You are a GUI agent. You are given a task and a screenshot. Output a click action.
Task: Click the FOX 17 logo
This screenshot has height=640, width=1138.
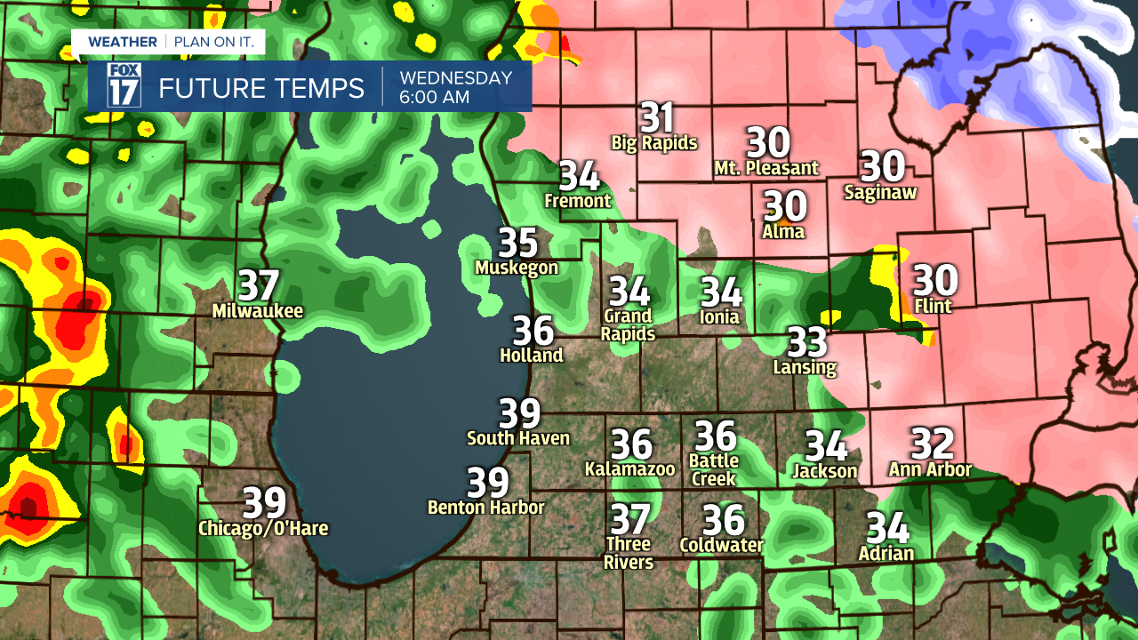coord(124,86)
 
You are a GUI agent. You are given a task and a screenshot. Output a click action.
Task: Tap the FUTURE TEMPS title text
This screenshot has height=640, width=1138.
coord(261,88)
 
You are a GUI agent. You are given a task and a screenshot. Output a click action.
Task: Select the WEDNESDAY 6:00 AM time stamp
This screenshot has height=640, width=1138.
coord(456,87)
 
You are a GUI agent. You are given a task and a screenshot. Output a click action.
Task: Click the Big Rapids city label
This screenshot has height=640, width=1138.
coord(654,142)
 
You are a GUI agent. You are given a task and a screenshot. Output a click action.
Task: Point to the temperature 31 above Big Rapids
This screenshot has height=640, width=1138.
coord(657,117)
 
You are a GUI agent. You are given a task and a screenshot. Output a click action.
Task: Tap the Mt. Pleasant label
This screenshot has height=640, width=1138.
coord(766,167)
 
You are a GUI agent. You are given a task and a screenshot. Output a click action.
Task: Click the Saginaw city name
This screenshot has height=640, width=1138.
coord(880,191)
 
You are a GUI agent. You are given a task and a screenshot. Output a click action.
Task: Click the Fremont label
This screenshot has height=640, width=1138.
coord(578,201)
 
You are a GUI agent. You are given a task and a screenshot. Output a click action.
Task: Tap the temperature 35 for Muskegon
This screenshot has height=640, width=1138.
coord(517,242)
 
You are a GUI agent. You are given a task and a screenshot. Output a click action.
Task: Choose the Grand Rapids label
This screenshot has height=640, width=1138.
coord(629,324)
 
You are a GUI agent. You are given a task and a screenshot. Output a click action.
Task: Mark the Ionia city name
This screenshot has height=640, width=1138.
coord(720,316)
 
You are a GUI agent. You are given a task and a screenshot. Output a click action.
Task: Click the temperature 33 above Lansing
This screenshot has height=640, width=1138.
coord(807,341)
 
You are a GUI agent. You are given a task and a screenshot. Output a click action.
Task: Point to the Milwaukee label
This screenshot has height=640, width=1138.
coord(258,311)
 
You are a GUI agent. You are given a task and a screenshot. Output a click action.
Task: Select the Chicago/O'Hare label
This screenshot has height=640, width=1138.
coord(263,529)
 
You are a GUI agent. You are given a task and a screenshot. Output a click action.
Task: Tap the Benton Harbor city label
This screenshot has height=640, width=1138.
coord(486,508)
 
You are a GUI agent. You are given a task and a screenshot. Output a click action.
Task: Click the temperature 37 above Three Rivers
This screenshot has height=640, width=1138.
coord(629,518)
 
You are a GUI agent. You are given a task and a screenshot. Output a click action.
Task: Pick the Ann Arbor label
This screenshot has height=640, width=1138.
coord(931,469)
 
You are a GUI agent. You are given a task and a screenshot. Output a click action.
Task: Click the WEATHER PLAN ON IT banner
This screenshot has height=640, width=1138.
coord(168,42)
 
